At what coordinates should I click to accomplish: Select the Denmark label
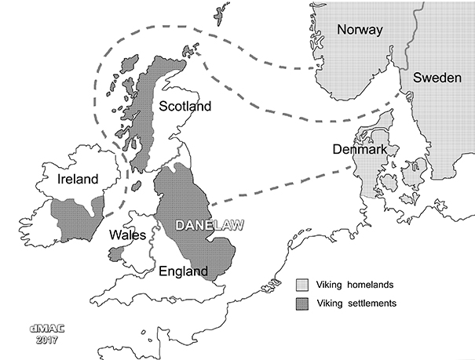[357, 149]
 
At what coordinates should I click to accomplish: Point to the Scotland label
[185, 106]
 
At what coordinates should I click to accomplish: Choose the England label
[183, 271]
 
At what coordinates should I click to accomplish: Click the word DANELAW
[206, 225]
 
